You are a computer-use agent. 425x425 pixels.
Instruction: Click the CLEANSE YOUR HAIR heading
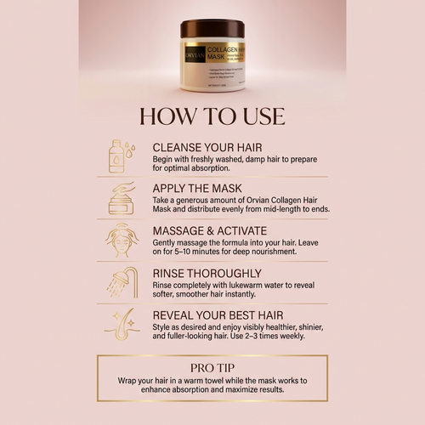tap(214, 146)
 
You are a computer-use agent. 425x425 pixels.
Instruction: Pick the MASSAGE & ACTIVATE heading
tap(220, 230)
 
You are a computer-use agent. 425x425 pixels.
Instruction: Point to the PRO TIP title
tap(212, 367)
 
